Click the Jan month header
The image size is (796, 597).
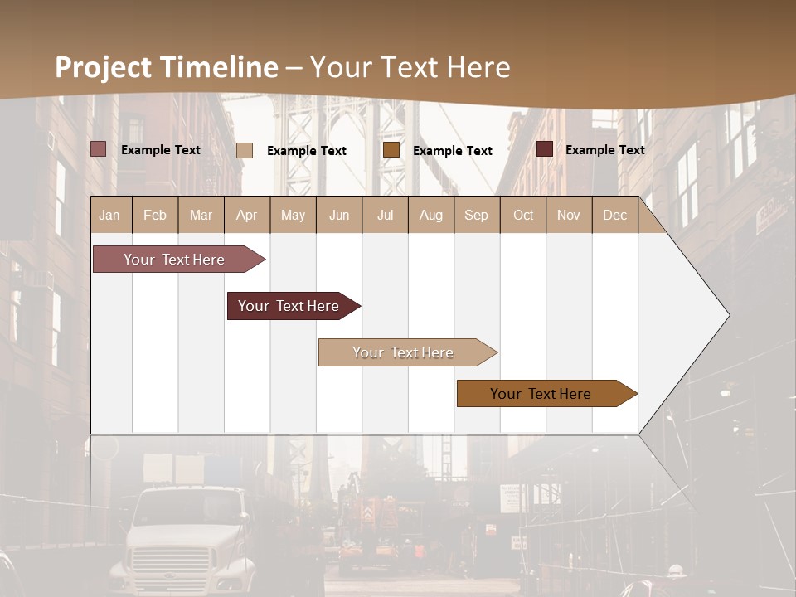pos(109,216)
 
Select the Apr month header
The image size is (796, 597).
pos(247,216)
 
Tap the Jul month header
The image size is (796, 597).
pos(385,216)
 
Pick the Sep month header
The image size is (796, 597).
pos(476,216)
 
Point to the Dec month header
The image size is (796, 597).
pos(614,216)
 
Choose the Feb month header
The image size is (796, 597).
pos(155,216)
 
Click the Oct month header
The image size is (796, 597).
pos(523,216)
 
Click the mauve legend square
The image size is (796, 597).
pos(99,149)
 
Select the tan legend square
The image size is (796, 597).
pos(245,150)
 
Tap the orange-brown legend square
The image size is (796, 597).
pos(391,150)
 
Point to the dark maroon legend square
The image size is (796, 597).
pos(545,149)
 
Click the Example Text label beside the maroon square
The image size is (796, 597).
pos(604,150)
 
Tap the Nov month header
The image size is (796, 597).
pos(569,216)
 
